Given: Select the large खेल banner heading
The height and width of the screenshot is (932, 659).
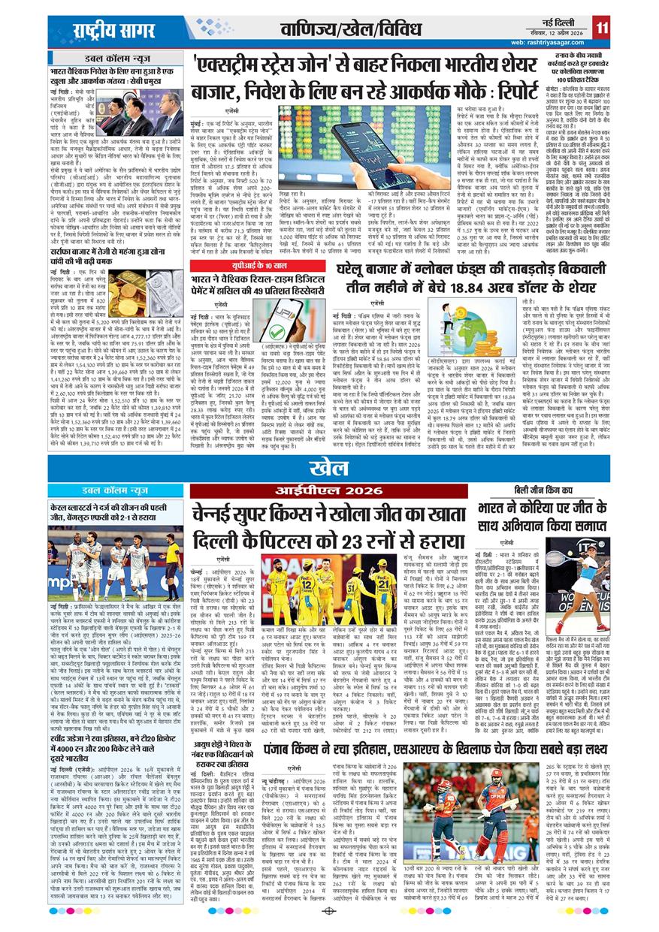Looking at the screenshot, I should pos(330,467).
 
